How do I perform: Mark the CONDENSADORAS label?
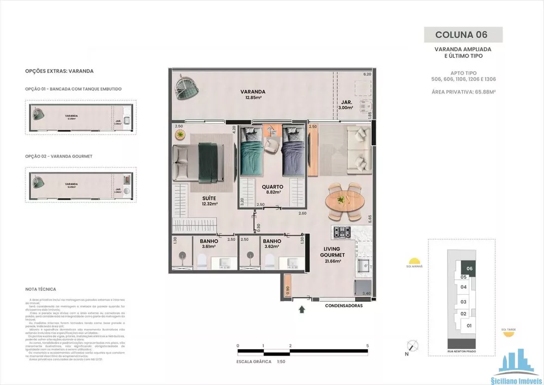coord(343,306)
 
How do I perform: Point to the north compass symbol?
coord(413,346)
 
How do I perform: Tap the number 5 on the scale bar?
coord(368,346)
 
